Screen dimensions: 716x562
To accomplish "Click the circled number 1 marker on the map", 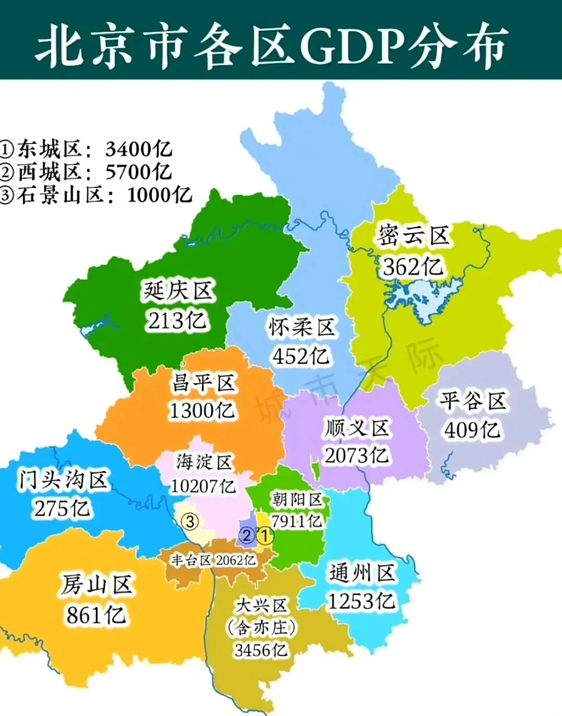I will pos(265,536).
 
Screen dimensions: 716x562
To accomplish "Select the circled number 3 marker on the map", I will pos(190,521).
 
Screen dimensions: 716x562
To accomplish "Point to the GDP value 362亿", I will pos(413,266).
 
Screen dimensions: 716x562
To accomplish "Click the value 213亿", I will pos(177,321).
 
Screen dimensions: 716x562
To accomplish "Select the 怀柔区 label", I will pos(301,327).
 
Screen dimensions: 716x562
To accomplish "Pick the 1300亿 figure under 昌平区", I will pos(202,411).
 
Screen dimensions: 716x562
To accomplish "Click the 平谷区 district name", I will pos(473,401).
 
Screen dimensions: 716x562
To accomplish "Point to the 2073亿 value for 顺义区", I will pos(357,455).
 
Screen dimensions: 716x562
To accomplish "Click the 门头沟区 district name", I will pos(63,480).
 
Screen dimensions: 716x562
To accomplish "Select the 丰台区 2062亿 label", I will pos(214,560).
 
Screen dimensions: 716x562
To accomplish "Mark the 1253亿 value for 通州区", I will pos(362,601).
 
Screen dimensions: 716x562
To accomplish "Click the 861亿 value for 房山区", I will pos(96,615).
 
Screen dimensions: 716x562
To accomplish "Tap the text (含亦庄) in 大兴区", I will pos(261,628).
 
